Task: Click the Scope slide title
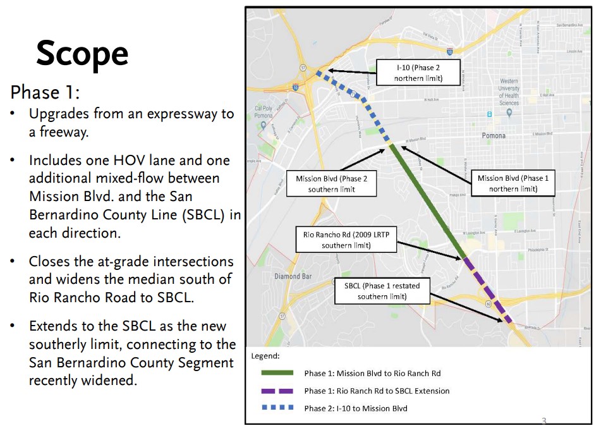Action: coord(82,53)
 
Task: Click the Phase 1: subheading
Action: coord(45,93)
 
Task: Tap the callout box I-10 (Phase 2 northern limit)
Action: coord(418,73)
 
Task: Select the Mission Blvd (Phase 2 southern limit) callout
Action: coord(331,183)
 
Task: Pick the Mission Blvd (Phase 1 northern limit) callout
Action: coord(512,183)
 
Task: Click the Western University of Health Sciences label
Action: coord(509,92)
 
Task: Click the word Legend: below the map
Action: coord(265,356)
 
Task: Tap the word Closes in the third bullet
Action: coord(49,262)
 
